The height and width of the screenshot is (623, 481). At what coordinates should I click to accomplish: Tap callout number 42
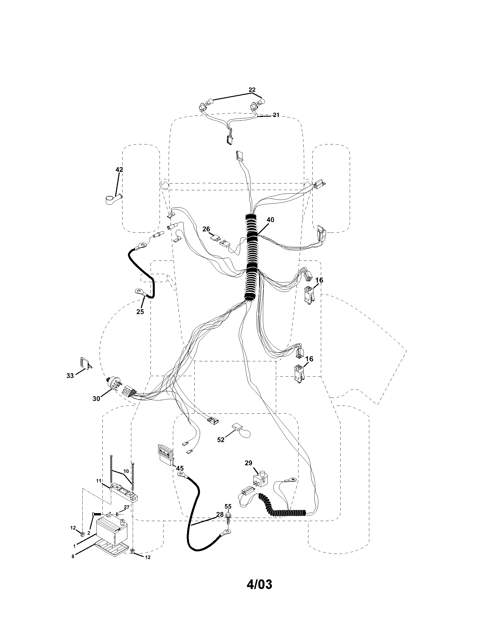coord(119,169)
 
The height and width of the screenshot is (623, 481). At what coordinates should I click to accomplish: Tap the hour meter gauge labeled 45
coord(166,454)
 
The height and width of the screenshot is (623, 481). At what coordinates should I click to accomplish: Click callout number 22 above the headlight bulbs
coord(252,89)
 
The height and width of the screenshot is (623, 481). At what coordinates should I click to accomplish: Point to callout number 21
coord(276,115)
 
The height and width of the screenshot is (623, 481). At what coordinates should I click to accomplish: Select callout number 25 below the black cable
coord(140,311)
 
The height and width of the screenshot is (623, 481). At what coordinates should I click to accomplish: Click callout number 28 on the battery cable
coord(220,514)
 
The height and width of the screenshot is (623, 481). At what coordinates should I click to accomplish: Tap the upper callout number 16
coord(319,280)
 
